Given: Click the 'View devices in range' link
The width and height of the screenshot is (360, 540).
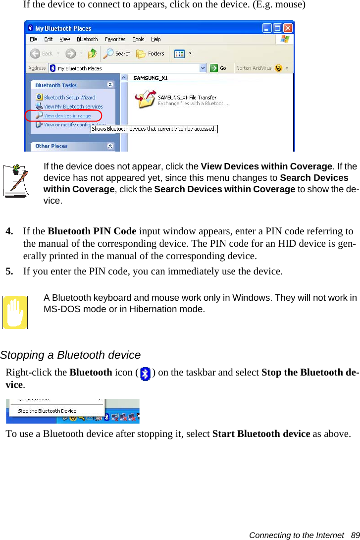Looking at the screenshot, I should [x=67, y=116].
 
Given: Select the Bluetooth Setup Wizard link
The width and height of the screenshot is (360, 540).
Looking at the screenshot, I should [x=69, y=98].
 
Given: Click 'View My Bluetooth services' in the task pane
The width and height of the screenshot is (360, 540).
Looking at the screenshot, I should [x=73, y=107].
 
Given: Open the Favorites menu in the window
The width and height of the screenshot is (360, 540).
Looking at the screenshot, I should [x=115, y=39].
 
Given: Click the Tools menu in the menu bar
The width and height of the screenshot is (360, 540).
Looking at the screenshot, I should [x=139, y=39].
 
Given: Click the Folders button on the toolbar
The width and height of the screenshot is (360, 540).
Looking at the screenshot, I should [x=151, y=54].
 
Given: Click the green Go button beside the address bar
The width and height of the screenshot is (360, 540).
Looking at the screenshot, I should [x=218, y=68].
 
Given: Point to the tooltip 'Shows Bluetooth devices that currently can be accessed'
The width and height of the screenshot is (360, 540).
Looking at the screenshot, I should [x=154, y=129].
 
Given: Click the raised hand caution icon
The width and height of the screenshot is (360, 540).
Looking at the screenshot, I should [x=15, y=312].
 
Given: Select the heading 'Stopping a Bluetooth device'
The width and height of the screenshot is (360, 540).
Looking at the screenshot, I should [x=70, y=355].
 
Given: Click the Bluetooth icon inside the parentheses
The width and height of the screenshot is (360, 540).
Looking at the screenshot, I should [x=145, y=374].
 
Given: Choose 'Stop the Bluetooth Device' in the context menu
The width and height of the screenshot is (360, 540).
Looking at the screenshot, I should [x=47, y=411].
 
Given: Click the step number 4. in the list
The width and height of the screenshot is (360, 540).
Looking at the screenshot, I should [x=9, y=231].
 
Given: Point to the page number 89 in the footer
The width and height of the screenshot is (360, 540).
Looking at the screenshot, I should [x=355, y=535].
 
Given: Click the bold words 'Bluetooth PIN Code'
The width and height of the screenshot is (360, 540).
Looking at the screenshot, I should [x=92, y=231].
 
